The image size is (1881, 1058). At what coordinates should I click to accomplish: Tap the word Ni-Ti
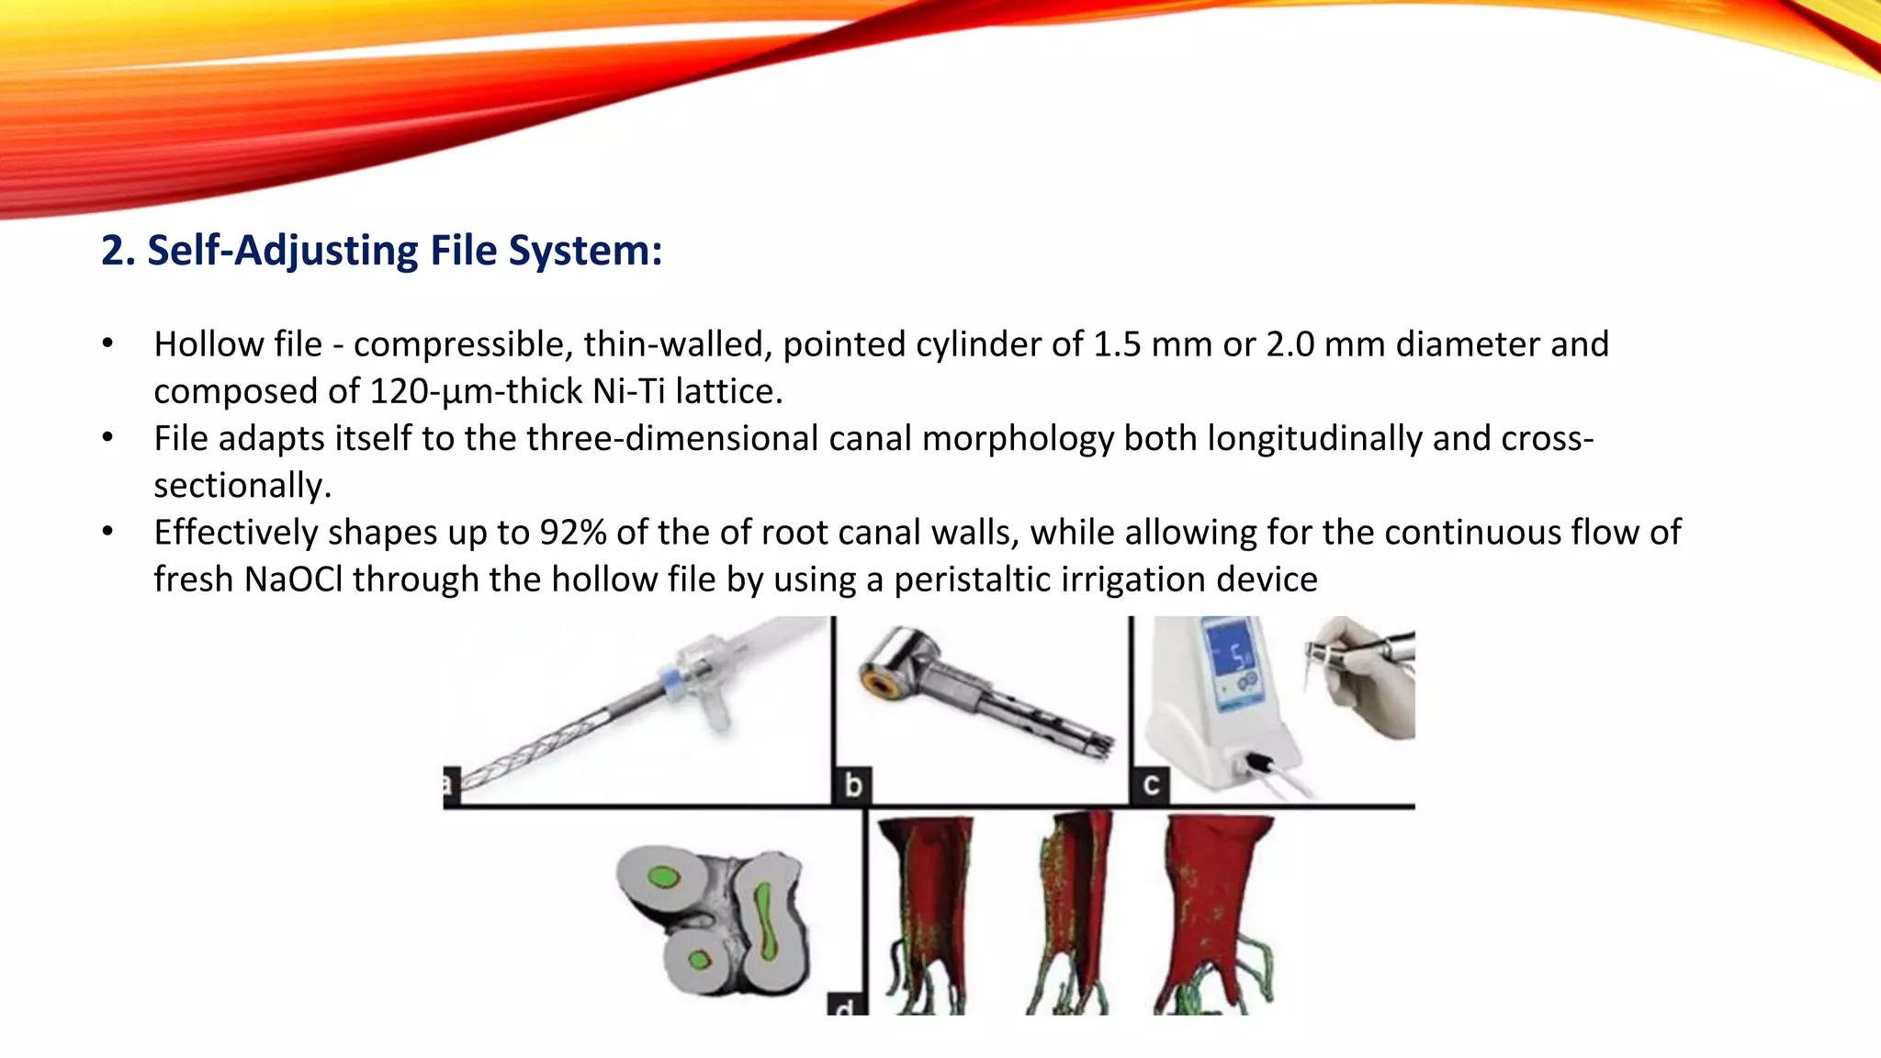628,391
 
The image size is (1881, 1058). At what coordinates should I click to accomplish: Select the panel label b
853,786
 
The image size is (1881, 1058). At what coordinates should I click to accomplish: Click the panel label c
1150,786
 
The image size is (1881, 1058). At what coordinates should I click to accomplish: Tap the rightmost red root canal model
1217,905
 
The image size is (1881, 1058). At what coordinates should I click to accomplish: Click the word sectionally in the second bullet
242,486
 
